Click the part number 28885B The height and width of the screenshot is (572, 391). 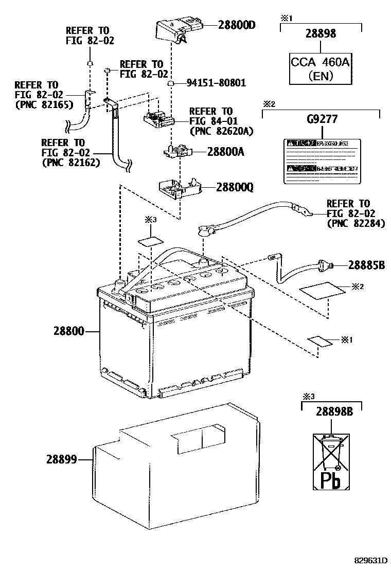click(366, 265)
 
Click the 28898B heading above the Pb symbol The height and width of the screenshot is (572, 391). click(331, 412)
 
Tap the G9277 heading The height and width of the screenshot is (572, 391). click(322, 120)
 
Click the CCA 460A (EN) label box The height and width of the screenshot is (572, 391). click(321, 69)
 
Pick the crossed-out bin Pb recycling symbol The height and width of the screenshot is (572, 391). click(332, 461)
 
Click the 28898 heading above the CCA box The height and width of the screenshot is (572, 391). click(321, 33)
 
